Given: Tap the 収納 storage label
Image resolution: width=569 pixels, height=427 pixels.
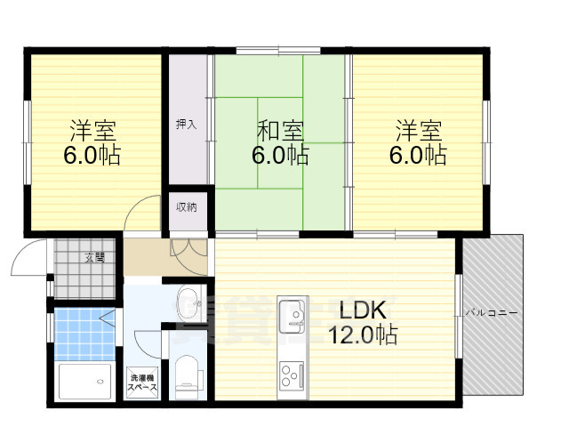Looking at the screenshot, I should point(186,207).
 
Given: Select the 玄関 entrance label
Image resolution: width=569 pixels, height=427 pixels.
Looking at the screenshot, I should point(94,257).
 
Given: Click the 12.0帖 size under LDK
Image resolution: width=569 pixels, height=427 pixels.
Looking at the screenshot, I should point(362,335).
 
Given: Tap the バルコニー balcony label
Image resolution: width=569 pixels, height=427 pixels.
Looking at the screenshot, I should point(490,313).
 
